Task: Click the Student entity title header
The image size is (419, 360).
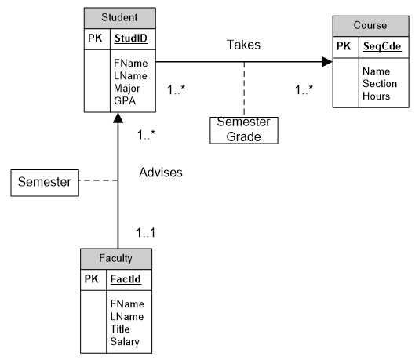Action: pyautogui.click(x=119, y=17)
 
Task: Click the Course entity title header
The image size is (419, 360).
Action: pyautogui.click(x=370, y=25)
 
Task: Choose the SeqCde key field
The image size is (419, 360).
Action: pyautogui.click(x=381, y=47)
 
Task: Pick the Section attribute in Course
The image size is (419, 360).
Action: pyautogui.click(x=380, y=83)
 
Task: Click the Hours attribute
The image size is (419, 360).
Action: pyautogui.click(x=376, y=96)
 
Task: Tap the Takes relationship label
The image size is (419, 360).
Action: pyautogui.click(x=244, y=45)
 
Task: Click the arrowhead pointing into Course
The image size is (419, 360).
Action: pyautogui.click(x=326, y=61)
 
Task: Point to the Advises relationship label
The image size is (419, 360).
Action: pyautogui.click(x=161, y=172)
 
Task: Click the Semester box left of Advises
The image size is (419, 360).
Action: pyautogui.click(x=45, y=183)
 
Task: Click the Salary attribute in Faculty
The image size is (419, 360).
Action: pyautogui.click(x=126, y=341)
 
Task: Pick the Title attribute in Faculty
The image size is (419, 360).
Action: pyautogui.click(x=121, y=329)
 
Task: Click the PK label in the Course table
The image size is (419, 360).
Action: pyautogui.click(x=344, y=47)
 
